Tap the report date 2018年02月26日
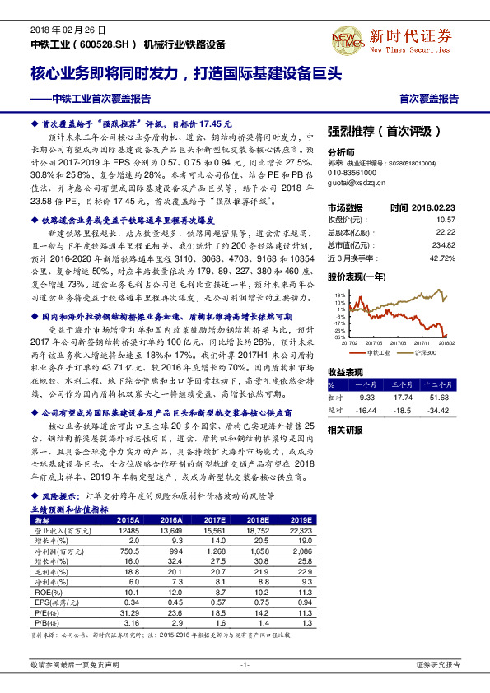tap(59, 27)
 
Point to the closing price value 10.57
tap(445, 220)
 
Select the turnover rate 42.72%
tap(442, 258)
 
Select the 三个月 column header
tap(403, 384)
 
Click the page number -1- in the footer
tap(245, 664)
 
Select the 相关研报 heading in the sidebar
tap(345, 430)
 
